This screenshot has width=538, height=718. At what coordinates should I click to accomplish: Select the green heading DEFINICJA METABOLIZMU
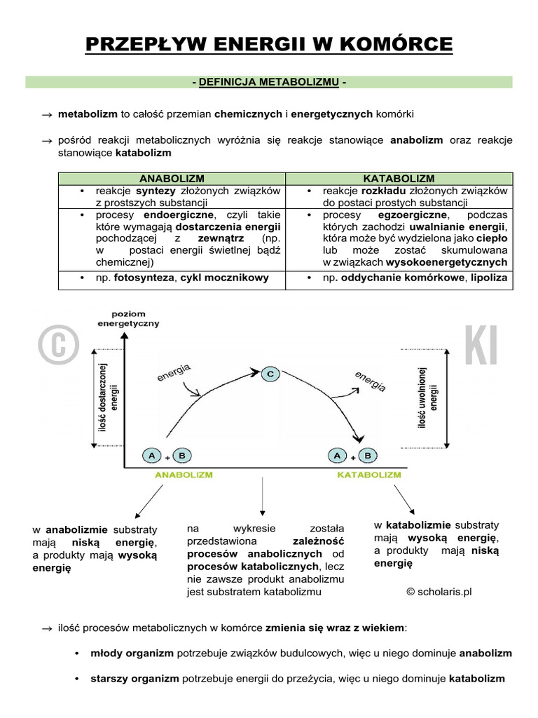269,83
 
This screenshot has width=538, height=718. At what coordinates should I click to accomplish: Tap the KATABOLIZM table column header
399,179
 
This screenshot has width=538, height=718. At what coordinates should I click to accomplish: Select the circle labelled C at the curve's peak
270,374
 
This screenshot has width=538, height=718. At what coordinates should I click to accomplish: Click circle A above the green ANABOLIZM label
151,456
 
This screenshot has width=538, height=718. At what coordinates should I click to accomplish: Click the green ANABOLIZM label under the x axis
183,475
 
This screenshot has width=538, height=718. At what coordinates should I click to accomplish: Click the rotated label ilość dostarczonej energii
109,398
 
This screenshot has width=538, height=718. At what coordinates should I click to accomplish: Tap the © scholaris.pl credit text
439,591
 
